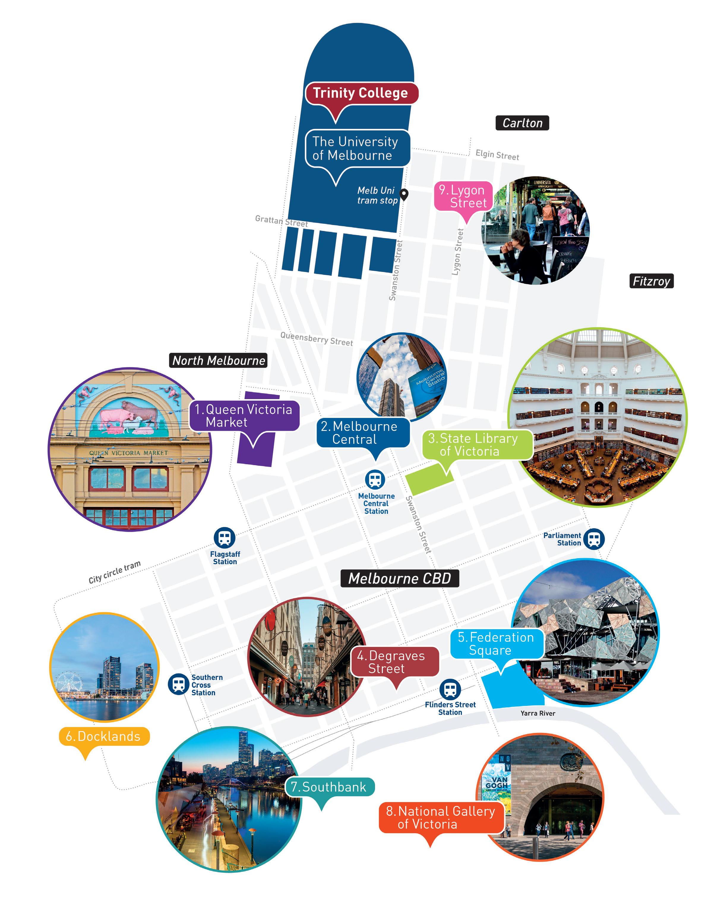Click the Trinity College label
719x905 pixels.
(x=360, y=93)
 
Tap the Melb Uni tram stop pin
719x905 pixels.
(x=404, y=194)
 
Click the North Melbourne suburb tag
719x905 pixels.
(x=218, y=360)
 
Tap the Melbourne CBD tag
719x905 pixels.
(x=399, y=578)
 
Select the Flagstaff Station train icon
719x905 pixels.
(x=225, y=538)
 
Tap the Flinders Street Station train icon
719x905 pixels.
(x=450, y=689)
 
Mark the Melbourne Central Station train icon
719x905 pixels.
(x=375, y=479)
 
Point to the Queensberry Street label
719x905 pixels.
(x=316, y=338)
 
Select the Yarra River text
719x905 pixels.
(x=538, y=713)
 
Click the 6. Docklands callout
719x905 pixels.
(x=104, y=736)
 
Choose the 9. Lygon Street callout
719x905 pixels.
(x=463, y=196)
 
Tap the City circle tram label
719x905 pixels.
(x=115, y=572)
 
